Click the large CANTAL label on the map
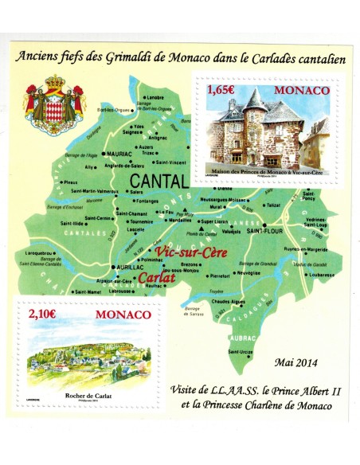158,181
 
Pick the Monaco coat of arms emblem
55,100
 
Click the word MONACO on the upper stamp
302,92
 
